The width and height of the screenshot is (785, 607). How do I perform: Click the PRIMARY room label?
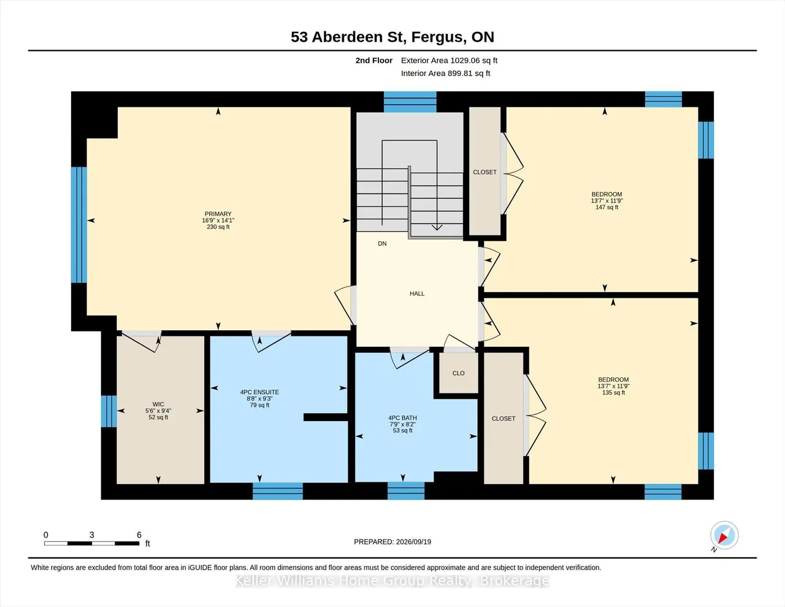click(218, 214)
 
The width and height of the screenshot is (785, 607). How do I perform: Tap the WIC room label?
click(158, 404)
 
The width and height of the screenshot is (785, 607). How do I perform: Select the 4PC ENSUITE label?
click(260, 392)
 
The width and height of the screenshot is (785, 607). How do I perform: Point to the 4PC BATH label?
click(402, 417)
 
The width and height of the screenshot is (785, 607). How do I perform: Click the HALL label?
click(417, 293)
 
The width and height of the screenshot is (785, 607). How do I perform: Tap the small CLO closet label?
click(459, 373)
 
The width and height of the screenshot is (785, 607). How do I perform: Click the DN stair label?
click(382, 244)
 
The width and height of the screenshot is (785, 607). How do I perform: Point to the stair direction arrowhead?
click(437, 228)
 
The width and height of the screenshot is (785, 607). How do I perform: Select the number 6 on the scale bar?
click(139, 535)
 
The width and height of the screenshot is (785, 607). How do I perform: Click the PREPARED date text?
click(392, 541)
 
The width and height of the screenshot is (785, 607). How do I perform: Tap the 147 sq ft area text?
click(607, 207)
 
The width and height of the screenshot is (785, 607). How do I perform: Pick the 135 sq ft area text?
click(613, 393)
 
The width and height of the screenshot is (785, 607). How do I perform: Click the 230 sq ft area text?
click(218, 226)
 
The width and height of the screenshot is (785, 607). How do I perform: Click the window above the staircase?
click(410, 102)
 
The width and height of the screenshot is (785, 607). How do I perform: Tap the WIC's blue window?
click(109, 411)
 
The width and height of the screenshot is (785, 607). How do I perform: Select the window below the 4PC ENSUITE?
click(277, 492)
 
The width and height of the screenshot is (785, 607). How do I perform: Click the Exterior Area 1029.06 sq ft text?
click(449, 60)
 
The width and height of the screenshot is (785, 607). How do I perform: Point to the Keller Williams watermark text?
click(392, 581)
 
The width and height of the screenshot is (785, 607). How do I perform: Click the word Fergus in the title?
click(437, 37)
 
